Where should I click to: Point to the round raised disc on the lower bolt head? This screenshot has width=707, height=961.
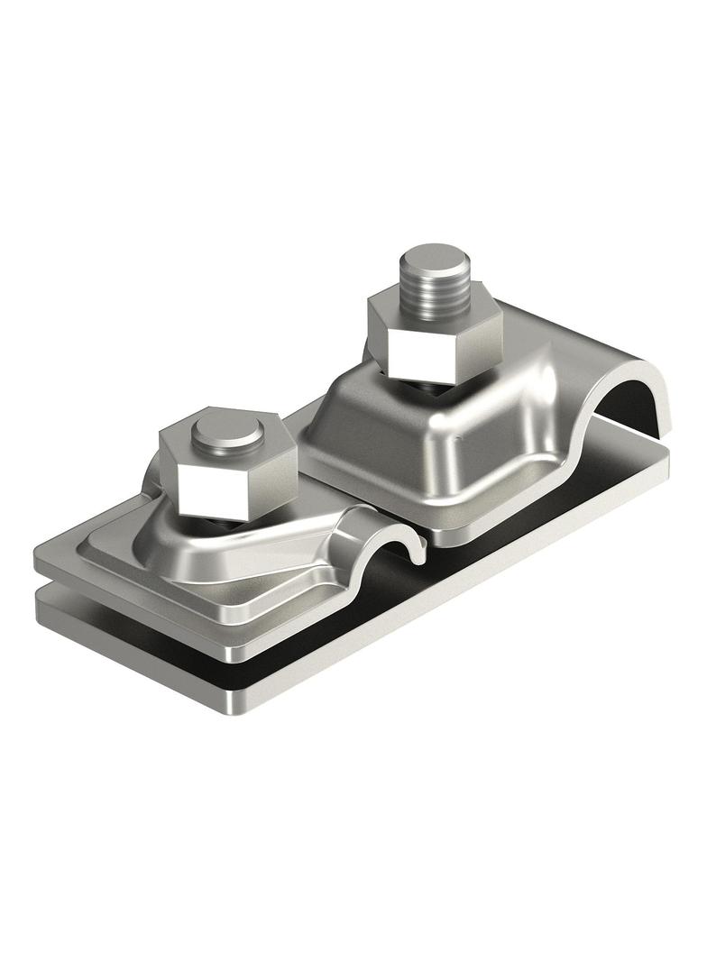tap(227, 434)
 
